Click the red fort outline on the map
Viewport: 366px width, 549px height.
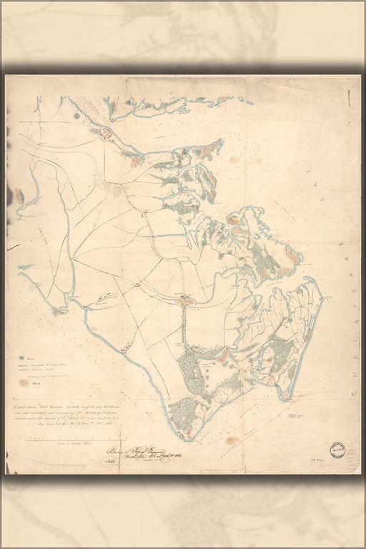pos(106,132)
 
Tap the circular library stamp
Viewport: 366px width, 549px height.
pos(337,451)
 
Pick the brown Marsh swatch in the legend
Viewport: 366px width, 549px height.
pos(24,382)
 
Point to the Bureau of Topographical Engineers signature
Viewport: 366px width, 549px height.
pos(129,452)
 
